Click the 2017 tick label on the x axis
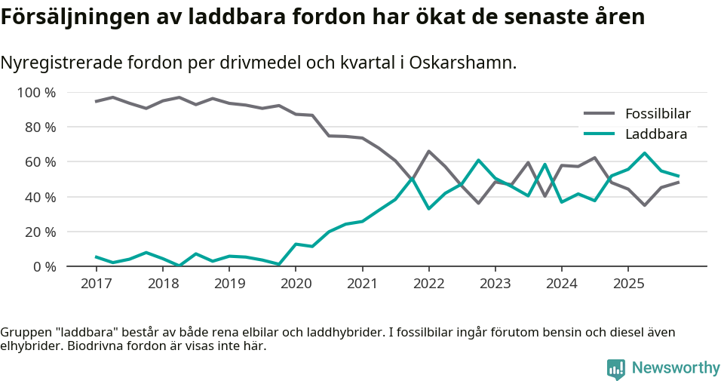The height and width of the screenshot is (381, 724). pyautogui.click(x=96, y=284)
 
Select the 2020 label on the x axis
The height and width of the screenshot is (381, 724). pyautogui.click(x=296, y=284)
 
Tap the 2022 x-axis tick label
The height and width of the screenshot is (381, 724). pyautogui.click(x=428, y=284)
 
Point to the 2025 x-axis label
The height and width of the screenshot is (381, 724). pyautogui.click(x=628, y=284)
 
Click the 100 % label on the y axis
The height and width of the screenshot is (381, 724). pyautogui.click(x=37, y=93)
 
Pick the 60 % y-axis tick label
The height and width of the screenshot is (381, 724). pyautogui.click(x=40, y=162)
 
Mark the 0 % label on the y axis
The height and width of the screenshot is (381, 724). pyautogui.click(x=44, y=266)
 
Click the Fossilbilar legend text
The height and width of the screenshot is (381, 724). pyautogui.click(x=657, y=114)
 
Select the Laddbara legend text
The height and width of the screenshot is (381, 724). pyautogui.click(x=655, y=134)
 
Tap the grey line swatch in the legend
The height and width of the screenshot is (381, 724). pyautogui.click(x=600, y=114)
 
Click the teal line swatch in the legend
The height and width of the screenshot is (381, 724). pyautogui.click(x=600, y=134)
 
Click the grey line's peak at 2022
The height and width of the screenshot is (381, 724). pyautogui.click(x=428, y=152)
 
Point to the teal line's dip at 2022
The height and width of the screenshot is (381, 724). pyautogui.click(x=428, y=208)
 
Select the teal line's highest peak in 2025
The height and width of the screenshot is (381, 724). pyautogui.click(x=644, y=153)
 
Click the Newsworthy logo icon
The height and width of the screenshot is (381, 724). pyautogui.click(x=616, y=368)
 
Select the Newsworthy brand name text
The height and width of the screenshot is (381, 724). pyautogui.click(x=676, y=368)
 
